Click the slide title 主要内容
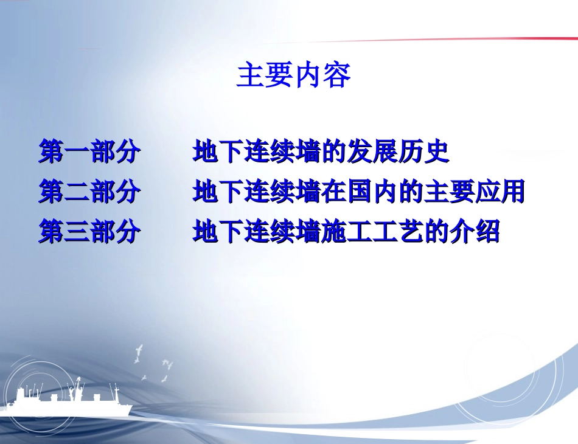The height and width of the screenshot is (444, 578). point(293,75)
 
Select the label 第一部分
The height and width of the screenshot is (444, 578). point(89,151)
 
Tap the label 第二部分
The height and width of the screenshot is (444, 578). point(89,191)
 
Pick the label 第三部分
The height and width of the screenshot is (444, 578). point(89,231)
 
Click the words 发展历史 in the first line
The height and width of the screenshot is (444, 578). point(398,151)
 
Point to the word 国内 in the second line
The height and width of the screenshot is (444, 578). point(373,191)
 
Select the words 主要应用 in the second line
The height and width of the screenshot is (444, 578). point(475,191)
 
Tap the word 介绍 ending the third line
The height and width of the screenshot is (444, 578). point(475,231)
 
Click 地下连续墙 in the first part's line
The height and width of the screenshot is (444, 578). point(257,151)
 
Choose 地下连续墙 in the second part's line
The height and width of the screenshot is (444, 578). point(257,191)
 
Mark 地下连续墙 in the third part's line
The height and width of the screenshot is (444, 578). point(257,231)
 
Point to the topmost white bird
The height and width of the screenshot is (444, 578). point(139,350)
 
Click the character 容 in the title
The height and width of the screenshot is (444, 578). point(336,75)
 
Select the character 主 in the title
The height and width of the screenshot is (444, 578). point(250,75)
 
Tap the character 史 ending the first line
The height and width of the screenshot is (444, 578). point(437,151)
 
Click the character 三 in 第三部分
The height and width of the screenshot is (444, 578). point(77,231)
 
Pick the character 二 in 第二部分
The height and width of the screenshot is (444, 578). point(77,191)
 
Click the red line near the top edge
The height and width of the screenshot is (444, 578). point(424,39)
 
